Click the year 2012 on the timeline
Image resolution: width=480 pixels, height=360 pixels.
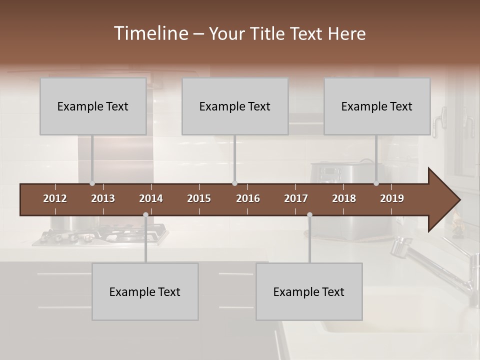55,198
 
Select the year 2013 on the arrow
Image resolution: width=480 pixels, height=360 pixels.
103,198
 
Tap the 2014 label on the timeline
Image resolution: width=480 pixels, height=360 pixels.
151,198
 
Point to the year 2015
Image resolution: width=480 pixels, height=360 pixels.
199,198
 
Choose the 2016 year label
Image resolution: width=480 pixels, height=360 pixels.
248,198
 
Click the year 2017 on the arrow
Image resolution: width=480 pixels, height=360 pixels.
296,198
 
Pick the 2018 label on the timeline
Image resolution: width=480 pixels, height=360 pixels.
344,198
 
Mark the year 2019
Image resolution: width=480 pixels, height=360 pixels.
392,198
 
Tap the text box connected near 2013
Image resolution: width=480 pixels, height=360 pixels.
93,106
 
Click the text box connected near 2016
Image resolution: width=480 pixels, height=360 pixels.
235,106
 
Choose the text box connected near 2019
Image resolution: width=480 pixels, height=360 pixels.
377,106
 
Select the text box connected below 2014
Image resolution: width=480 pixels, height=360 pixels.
145,291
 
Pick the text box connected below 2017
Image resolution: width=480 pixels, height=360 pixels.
309,291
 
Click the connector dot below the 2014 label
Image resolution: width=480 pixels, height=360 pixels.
145,214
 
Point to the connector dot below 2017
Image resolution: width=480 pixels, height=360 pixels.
309,214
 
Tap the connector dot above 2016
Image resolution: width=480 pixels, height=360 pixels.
234,183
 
